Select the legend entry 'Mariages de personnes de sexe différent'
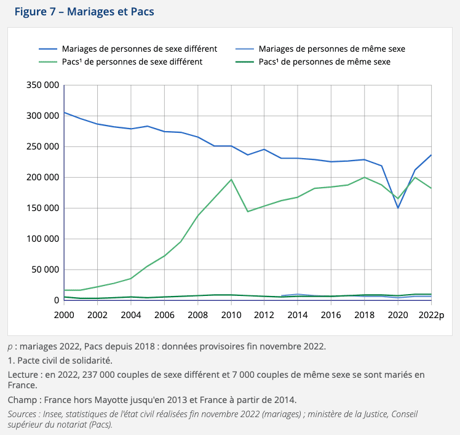[132, 49]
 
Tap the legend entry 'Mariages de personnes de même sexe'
[331, 49]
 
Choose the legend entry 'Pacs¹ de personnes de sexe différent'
[132, 62]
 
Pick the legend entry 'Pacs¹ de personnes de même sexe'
[324, 62]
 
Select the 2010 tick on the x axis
[231, 314]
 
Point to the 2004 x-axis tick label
[131, 314]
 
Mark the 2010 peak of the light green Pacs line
[231, 179]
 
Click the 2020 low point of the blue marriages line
[398, 208]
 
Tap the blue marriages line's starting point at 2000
[64, 113]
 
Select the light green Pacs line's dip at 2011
[248, 212]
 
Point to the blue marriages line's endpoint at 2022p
[431, 154]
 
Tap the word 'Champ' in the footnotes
[21, 401]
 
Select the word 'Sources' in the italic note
[23, 414]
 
